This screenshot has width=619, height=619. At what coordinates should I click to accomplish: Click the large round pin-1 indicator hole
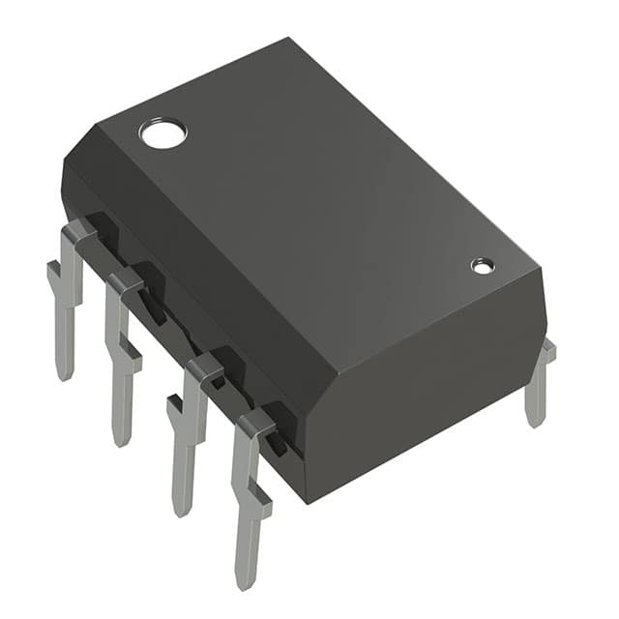[x=162, y=133]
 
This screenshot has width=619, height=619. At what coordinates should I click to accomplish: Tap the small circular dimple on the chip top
[x=482, y=265]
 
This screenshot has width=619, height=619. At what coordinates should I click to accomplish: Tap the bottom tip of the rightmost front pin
[x=246, y=581]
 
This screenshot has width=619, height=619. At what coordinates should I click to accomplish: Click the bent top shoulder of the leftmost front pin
[x=79, y=232]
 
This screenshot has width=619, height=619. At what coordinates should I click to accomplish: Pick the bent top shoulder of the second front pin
[x=127, y=281]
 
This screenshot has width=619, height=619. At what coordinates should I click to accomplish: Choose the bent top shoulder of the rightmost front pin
[x=257, y=422]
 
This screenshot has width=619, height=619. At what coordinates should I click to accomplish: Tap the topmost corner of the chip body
[x=289, y=41]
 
